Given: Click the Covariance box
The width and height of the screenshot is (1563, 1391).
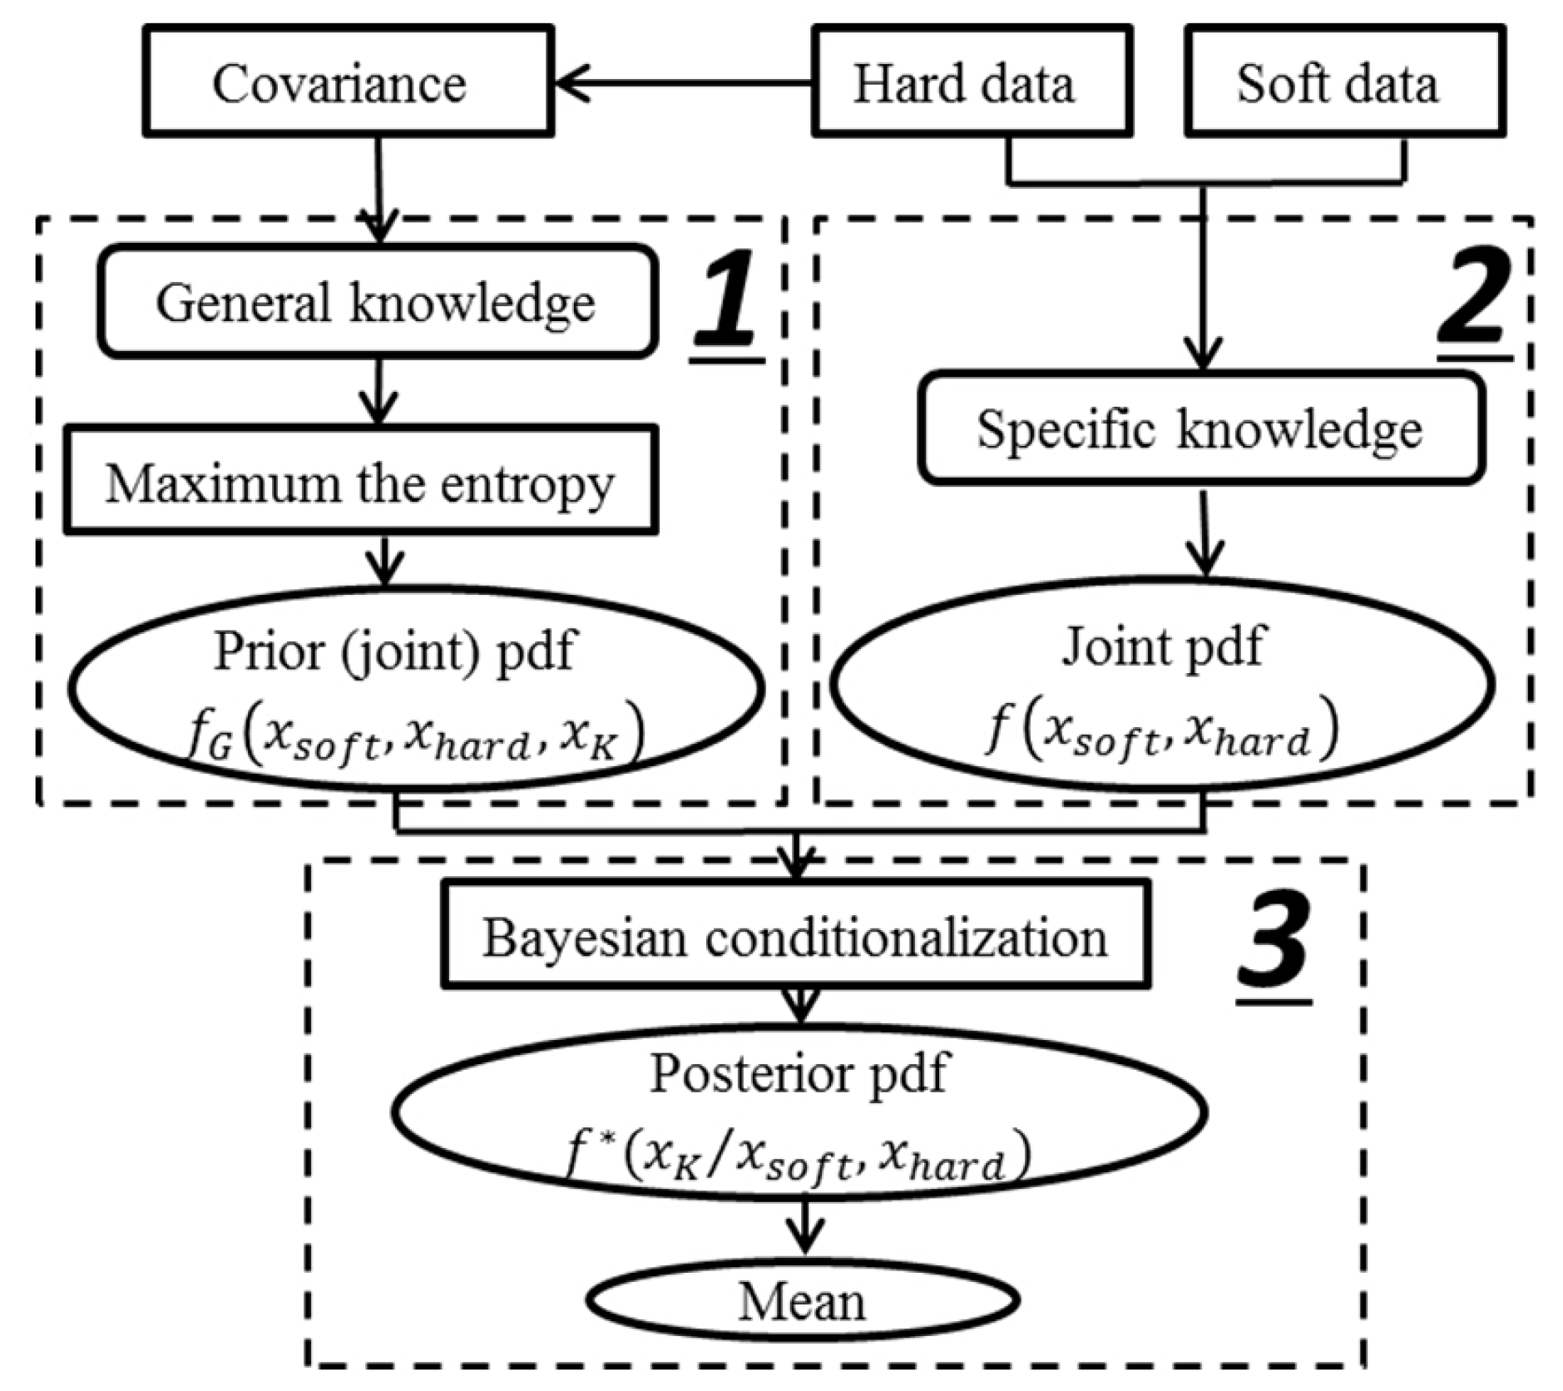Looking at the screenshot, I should (x=348, y=82).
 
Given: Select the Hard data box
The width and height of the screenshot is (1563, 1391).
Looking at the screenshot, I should (x=971, y=82).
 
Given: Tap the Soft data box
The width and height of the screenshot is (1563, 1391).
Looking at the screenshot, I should (x=1343, y=82).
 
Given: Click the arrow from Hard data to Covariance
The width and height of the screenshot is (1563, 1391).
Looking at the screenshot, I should (x=682, y=83).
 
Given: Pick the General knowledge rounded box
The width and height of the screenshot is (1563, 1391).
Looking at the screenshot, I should (x=377, y=301).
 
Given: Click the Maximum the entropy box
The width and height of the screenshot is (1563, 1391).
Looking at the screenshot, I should (x=360, y=481).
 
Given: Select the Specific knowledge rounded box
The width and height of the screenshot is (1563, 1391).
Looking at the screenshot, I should (x=1200, y=428).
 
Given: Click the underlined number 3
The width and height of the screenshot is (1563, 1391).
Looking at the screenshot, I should (x=1273, y=948).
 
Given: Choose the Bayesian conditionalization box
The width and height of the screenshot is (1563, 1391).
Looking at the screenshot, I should (x=795, y=936).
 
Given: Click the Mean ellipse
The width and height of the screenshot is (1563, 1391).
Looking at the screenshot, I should (x=802, y=1300).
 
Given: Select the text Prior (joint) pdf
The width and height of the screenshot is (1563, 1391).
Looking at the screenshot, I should (x=393, y=651).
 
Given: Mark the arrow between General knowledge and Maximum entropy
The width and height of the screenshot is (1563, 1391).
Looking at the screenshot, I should (x=379, y=393).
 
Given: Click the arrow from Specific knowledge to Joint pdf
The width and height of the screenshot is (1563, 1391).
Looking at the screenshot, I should (x=1204, y=532).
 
